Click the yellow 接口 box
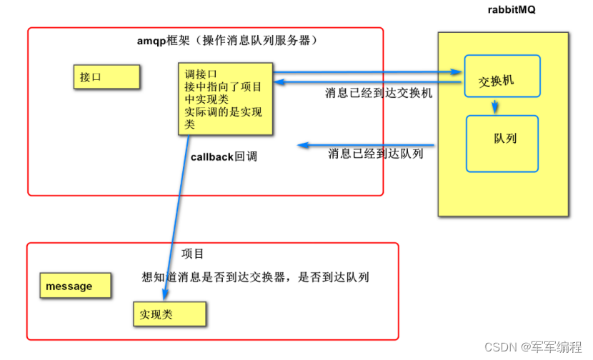click(x=106, y=76)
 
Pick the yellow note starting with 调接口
click(x=225, y=99)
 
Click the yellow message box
click(x=74, y=286)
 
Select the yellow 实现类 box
click(x=169, y=314)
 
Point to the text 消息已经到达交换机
click(x=379, y=93)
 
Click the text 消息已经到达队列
click(x=376, y=153)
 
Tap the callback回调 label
click(x=224, y=156)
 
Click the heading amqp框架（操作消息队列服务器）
click(x=226, y=41)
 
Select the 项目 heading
click(x=192, y=254)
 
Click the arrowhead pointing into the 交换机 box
click(x=458, y=72)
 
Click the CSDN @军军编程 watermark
click(x=533, y=347)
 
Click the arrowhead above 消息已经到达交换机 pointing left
click(x=276, y=83)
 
